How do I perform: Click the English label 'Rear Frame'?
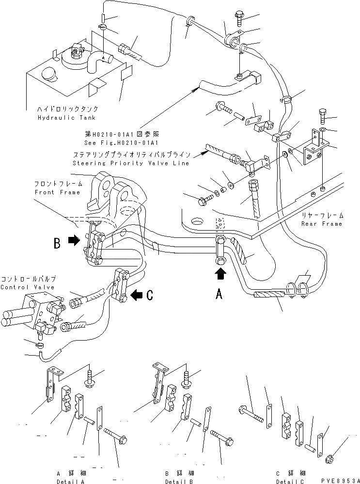click(321, 223)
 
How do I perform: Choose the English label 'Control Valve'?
click(28, 287)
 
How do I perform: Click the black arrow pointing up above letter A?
click(220, 275)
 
